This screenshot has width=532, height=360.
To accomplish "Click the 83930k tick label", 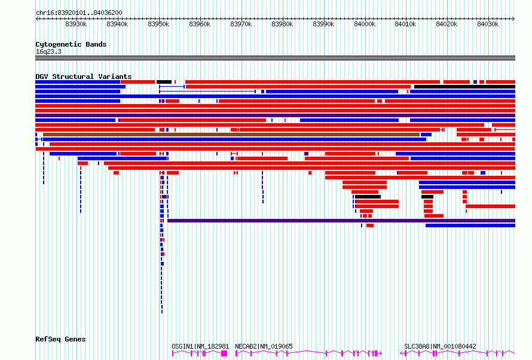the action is click(76, 24).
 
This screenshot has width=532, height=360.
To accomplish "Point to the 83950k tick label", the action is click(158, 24).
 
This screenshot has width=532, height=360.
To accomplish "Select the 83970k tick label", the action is click(241, 24).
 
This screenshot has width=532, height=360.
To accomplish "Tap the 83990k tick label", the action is click(323, 24).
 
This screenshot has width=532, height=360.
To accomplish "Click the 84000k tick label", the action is click(365, 24).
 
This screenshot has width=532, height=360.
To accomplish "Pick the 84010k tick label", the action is click(405, 24).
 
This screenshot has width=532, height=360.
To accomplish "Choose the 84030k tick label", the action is click(488, 24).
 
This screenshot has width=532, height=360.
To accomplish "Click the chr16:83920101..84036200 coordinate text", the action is click(79, 13).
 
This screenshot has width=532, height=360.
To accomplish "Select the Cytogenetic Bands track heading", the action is click(71, 44).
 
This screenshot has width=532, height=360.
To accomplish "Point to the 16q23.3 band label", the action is click(48, 51).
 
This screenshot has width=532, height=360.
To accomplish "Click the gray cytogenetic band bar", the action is click(275, 58).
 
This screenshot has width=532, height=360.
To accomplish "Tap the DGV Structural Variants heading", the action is click(84, 77).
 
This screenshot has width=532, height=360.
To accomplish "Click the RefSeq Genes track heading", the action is click(60, 339).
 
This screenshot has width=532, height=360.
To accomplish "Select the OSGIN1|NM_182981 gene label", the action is click(200, 346).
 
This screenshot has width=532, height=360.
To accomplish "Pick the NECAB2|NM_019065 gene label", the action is click(264, 346).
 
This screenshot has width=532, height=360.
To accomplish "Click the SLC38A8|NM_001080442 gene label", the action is click(440, 346).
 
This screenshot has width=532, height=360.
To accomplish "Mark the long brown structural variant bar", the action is click(231, 135).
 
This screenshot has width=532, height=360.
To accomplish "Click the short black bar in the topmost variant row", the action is click(164, 82).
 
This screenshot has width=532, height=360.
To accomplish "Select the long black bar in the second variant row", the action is click(465, 87).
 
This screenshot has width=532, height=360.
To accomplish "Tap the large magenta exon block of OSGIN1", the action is click(224, 353).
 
